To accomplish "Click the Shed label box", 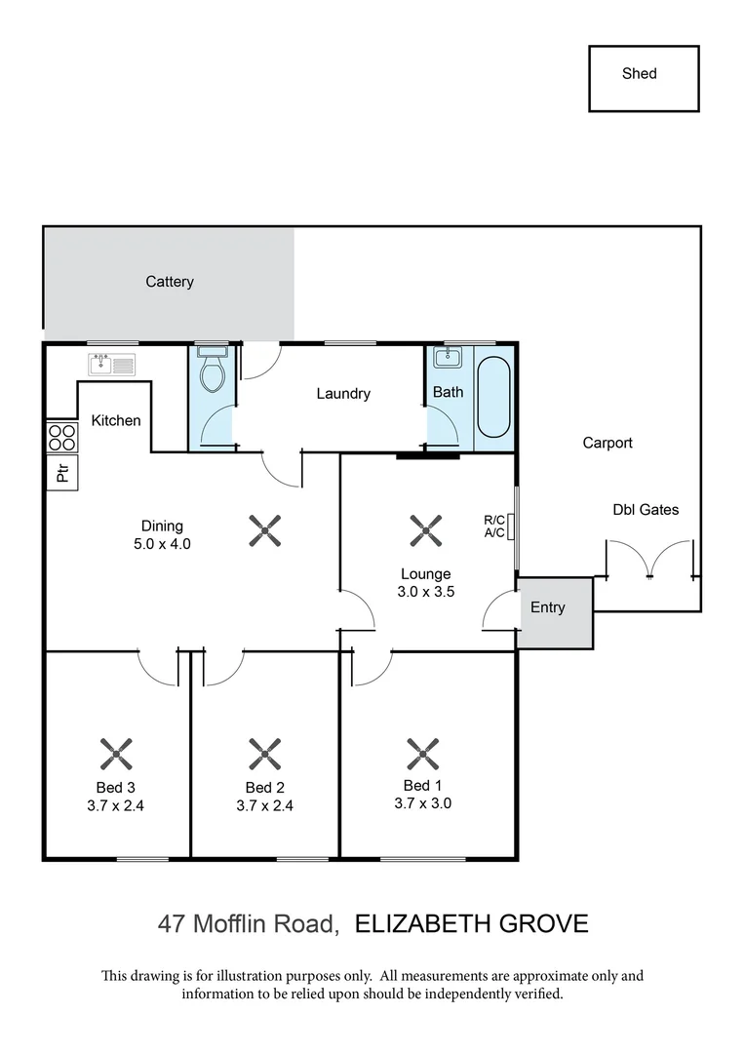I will click(x=644, y=78).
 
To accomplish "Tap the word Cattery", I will click(x=170, y=282).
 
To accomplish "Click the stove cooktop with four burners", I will click(x=61, y=436).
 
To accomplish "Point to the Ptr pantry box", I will click(x=62, y=473).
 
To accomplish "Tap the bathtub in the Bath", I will click(x=493, y=397).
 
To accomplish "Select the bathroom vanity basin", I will click(x=448, y=357).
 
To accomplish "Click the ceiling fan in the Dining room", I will click(x=265, y=530).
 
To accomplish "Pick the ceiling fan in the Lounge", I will click(x=425, y=530).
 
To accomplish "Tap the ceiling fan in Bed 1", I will click(x=423, y=753).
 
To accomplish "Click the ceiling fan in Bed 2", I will click(x=265, y=753).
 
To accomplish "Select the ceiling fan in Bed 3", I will click(x=116, y=753).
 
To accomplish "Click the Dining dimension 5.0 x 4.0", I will click(x=161, y=544).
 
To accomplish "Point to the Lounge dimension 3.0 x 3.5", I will click(x=426, y=590).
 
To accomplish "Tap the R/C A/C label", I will click(x=494, y=526).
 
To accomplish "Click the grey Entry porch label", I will click(x=548, y=607).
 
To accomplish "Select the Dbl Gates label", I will click(x=646, y=509).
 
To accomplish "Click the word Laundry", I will click(x=343, y=394).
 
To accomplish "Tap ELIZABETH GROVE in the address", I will click(x=471, y=923).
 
